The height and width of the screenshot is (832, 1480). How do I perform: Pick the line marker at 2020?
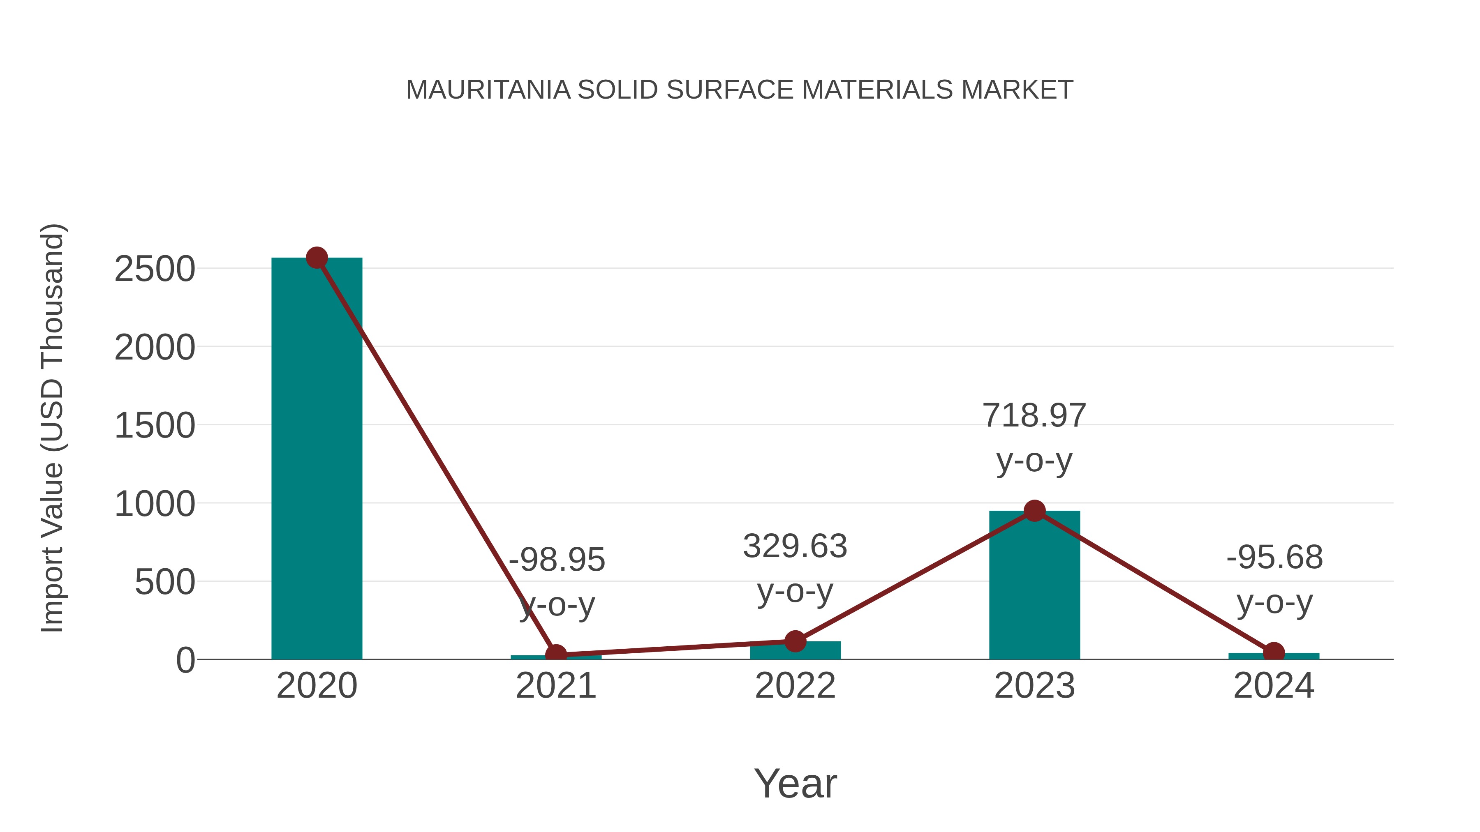click(x=317, y=258)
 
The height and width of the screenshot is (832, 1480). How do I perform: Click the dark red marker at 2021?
click(x=555, y=654)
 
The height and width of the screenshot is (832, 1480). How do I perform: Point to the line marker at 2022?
click(x=795, y=641)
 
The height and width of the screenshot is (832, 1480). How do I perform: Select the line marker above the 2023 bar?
click(x=1034, y=510)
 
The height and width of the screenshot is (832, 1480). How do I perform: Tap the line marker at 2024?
click(x=1274, y=652)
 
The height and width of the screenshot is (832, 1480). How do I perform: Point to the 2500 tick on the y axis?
click(x=155, y=269)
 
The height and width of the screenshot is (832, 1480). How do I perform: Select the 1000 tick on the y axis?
click(x=155, y=504)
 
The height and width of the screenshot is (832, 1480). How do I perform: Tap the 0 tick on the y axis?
click(x=185, y=660)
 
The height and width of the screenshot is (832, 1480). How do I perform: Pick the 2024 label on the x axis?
click(x=1274, y=686)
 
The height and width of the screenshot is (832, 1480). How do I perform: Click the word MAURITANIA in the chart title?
click(x=488, y=90)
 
